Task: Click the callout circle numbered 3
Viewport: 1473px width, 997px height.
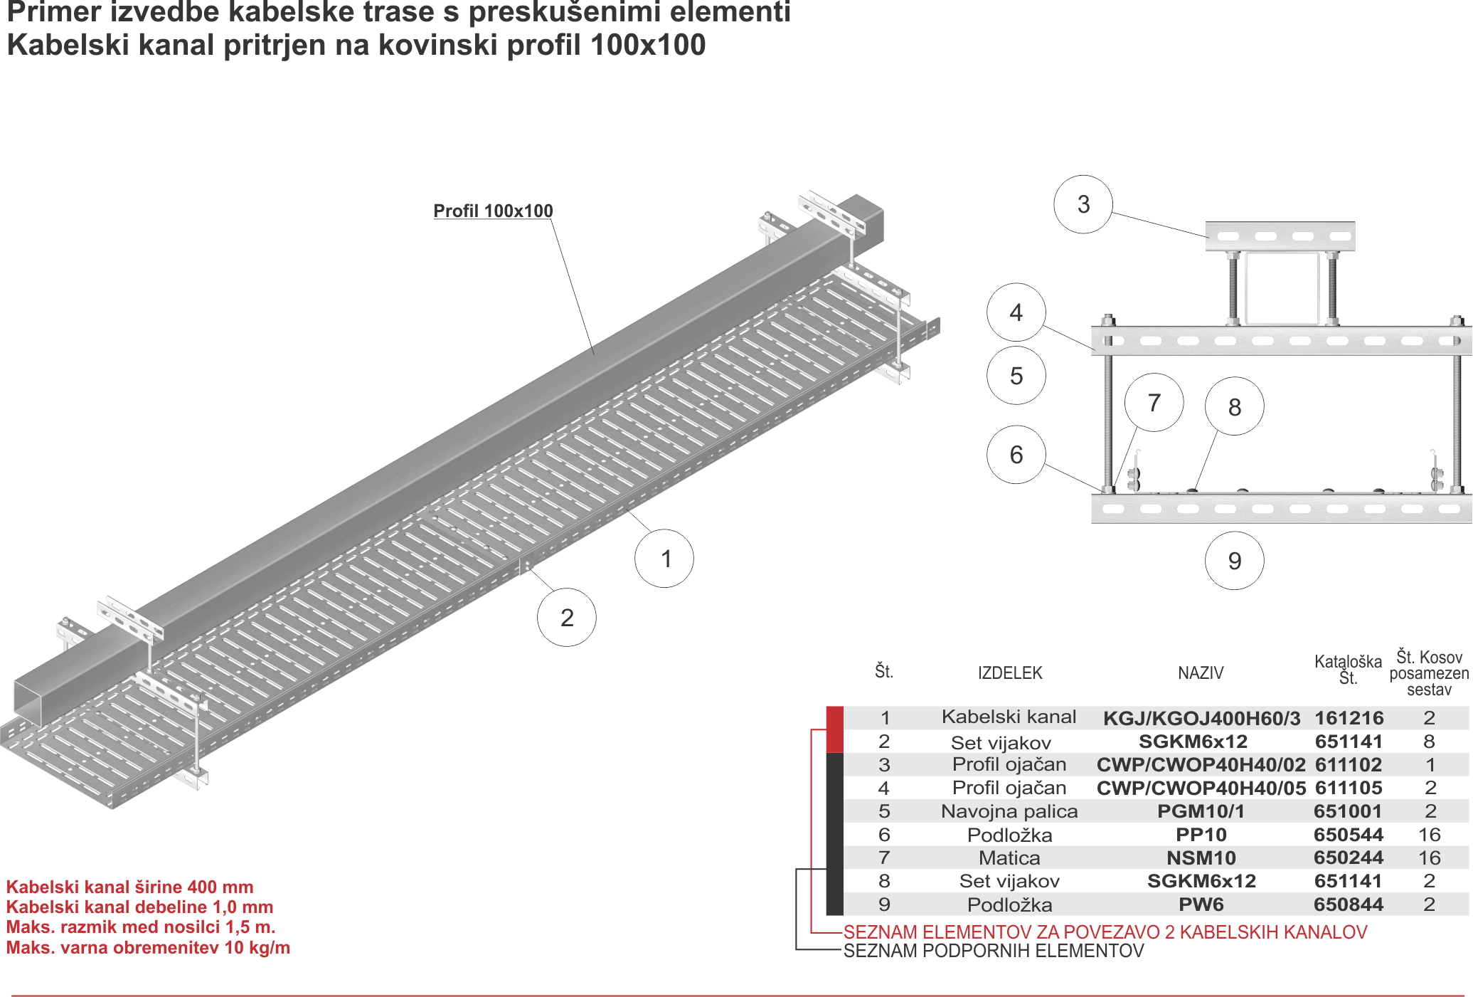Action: (x=1083, y=205)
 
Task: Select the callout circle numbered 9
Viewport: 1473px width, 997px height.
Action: (x=1234, y=561)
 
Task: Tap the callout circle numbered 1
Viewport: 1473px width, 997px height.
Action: (x=664, y=559)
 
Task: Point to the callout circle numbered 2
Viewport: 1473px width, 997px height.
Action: (x=566, y=617)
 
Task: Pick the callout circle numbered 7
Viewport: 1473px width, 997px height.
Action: (x=1154, y=403)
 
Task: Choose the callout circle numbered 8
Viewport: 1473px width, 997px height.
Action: (x=1234, y=407)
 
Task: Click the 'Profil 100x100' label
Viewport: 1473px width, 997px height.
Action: (x=493, y=211)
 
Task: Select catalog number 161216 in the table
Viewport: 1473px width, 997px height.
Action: (x=1349, y=718)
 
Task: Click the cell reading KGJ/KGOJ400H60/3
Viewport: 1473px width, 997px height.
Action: (x=1201, y=718)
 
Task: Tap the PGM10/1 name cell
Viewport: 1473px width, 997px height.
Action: (x=1201, y=811)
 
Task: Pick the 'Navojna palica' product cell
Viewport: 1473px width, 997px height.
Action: (x=1009, y=811)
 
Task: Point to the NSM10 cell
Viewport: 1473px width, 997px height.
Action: (x=1201, y=858)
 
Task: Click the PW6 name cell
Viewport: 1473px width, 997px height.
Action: (x=1201, y=904)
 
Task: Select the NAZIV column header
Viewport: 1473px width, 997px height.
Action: (x=1201, y=672)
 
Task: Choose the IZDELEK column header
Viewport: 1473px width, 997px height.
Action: (x=1010, y=672)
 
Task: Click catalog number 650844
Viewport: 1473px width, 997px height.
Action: (x=1349, y=904)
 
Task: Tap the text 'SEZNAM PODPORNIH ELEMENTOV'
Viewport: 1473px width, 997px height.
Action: (x=994, y=951)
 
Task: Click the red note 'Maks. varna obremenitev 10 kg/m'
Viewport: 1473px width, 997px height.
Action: (x=149, y=948)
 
